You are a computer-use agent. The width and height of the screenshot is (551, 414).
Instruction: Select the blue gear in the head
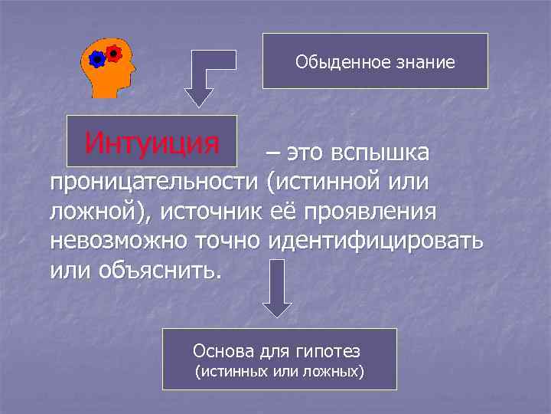click(98, 60)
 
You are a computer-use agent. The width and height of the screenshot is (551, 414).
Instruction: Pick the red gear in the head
click(114, 54)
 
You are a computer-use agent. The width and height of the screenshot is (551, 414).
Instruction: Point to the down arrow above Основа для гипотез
click(278, 287)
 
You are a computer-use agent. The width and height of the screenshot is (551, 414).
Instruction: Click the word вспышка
click(380, 153)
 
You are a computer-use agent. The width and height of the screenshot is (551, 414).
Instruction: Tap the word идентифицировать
click(376, 242)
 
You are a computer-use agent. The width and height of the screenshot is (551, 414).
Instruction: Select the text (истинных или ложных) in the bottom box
click(279, 373)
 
